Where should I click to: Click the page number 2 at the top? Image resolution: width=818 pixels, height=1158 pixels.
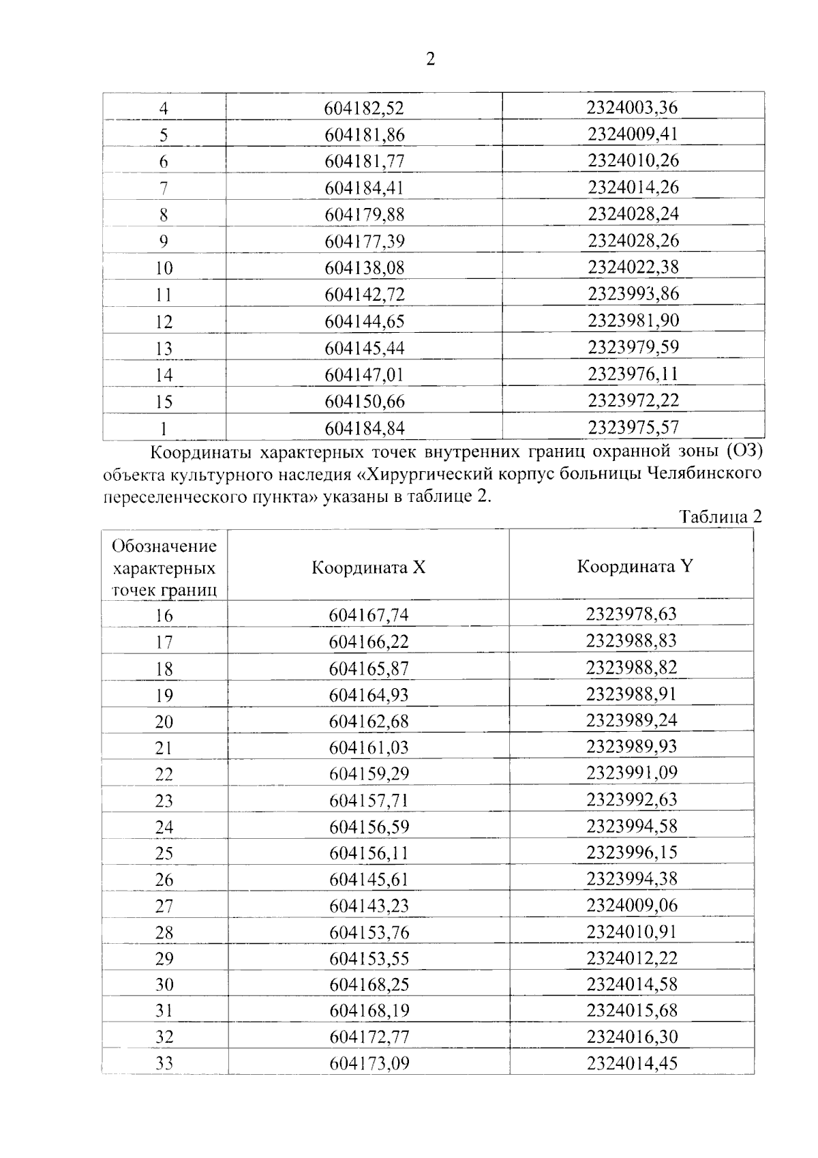click(x=430, y=59)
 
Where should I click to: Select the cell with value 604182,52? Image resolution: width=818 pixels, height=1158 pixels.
click(x=364, y=108)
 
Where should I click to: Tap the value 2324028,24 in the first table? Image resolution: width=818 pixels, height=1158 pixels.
click(x=633, y=214)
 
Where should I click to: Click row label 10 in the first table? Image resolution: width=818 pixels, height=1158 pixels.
click(x=164, y=268)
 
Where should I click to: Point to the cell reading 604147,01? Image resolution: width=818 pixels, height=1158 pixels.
click(x=364, y=375)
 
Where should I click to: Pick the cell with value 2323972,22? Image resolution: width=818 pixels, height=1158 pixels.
click(x=633, y=400)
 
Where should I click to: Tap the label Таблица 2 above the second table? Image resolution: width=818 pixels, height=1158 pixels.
click(x=721, y=516)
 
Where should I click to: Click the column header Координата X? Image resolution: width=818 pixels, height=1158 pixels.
click(x=368, y=567)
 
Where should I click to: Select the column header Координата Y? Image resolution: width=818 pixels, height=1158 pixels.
click(x=634, y=567)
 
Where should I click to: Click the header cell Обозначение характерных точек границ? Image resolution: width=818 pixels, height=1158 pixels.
click(x=164, y=567)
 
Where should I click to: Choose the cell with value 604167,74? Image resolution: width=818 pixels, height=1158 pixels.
click(x=369, y=615)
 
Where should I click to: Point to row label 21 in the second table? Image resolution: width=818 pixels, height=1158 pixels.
click(x=164, y=748)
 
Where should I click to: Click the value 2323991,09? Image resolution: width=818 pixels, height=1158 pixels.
click(x=632, y=773)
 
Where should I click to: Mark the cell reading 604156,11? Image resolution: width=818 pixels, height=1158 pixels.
click(x=369, y=853)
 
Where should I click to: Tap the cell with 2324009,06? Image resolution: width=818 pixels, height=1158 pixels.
click(x=632, y=905)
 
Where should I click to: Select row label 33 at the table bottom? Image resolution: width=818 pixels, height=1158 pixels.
click(x=164, y=1063)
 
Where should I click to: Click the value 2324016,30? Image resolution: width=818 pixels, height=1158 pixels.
click(x=632, y=1037)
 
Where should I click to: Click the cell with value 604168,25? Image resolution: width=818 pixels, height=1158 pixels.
click(x=369, y=985)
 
